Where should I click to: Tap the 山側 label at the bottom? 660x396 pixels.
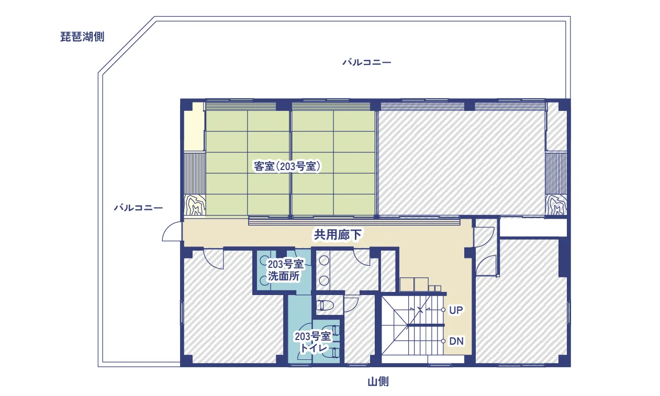378,381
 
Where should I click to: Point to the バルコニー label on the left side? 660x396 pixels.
138,208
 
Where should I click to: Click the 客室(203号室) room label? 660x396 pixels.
287,166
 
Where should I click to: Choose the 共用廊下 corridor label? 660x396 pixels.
338,235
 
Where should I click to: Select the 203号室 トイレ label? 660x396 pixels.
313,342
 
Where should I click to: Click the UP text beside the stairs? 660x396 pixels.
456,310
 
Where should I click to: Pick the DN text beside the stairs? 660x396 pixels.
456,342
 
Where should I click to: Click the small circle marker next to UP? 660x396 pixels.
443,310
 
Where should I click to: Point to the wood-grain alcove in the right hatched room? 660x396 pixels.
556,206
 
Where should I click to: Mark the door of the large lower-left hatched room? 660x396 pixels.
214,256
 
